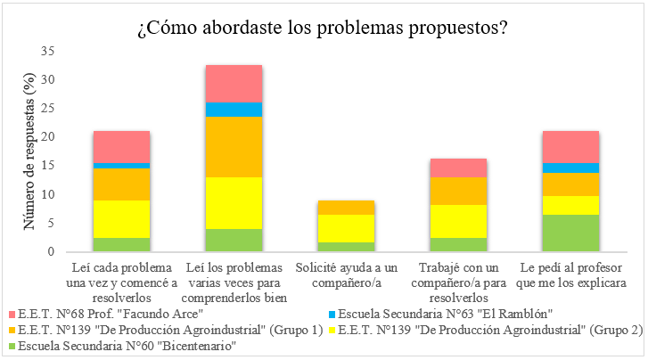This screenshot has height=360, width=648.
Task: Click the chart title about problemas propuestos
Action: click(323, 28)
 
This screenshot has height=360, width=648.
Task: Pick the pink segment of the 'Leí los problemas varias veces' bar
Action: click(234, 84)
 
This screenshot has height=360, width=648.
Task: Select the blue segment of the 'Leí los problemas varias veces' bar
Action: click(234, 110)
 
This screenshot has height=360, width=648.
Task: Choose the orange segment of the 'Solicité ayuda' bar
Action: click(345, 208)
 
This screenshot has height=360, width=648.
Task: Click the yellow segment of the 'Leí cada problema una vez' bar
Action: click(121, 219)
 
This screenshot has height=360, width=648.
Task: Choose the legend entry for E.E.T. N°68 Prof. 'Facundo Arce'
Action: click(106, 315)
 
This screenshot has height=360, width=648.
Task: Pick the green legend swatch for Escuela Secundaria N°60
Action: click(10, 347)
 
